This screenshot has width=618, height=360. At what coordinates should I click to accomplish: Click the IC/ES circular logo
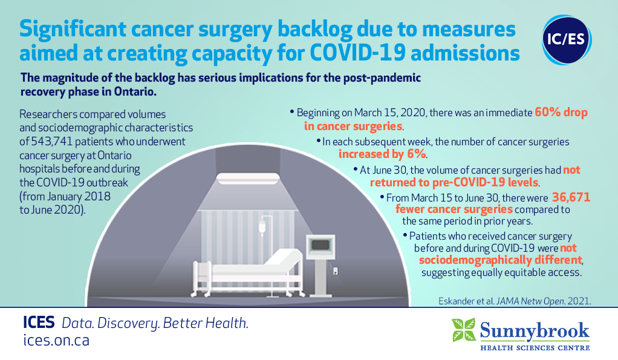click(567, 40)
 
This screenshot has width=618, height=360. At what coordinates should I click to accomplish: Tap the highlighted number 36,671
click(571, 197)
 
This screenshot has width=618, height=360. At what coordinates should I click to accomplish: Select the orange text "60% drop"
click(561, 113)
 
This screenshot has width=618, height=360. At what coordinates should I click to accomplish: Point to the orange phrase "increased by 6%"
click(382, 154)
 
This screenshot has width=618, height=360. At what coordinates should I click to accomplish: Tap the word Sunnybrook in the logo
click(535, 330)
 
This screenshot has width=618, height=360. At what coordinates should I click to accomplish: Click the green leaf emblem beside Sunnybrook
click(464, 330)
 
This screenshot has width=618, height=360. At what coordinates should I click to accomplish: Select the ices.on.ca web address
click(56, 340)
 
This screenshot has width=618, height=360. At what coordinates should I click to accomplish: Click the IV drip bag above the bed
click(262, 228)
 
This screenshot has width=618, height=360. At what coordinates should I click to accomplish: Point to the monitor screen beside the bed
click(320, 245)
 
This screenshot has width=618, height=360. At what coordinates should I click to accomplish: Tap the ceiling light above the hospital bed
click(248, 178)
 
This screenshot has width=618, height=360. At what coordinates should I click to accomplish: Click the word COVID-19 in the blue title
click(357, 53)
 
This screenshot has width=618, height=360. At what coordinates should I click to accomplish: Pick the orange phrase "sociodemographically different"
click(500, 260)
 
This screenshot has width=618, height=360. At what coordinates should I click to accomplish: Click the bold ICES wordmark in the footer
click(39, 322)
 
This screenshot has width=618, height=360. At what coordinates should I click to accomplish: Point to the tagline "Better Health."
click(206, 323)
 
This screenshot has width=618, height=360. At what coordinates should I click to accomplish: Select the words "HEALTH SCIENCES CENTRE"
click(535, 348)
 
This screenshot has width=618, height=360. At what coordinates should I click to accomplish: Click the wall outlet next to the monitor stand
click(335, 271)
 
